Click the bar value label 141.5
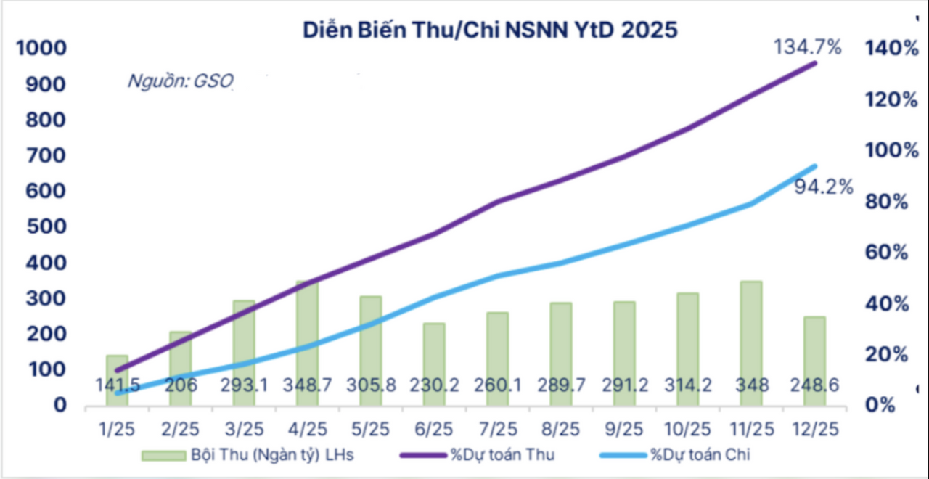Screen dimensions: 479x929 (117, 385)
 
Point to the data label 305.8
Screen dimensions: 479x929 (371, 385)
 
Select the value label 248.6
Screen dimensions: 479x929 (814, 385)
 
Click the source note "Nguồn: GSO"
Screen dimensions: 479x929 (180, 81)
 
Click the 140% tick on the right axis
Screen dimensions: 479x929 (889, 49)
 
